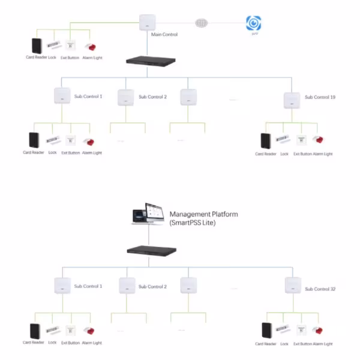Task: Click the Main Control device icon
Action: point(148,23)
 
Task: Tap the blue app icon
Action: point(254,23)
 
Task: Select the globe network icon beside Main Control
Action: point(202,23)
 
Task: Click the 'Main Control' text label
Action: point(164,35)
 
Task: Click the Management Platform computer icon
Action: point(148,217)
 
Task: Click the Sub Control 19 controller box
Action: point(292,100)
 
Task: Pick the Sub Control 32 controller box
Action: point(292,284)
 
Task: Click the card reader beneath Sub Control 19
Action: point(265,141)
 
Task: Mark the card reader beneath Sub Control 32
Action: point(266,331)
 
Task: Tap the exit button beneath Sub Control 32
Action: point(302,330)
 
